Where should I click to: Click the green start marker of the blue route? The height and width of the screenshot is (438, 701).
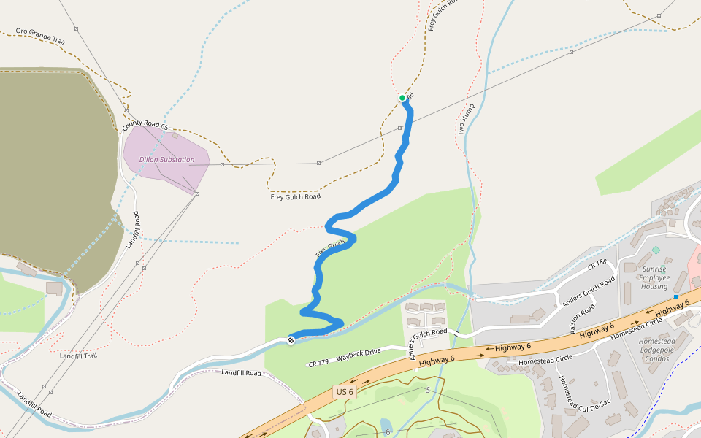coord(402,98)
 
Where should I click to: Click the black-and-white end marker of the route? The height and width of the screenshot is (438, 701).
coord(291,340)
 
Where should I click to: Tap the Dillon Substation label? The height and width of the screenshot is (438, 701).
coord(167,159)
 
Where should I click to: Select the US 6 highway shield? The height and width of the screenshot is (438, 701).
coord(344,392)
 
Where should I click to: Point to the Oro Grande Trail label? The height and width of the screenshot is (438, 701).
coord(40,37)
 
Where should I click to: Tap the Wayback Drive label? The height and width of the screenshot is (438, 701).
coord(359,356)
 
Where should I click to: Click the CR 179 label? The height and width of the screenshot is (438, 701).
coord(318,363)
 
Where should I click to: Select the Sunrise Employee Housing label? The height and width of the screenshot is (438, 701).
coord(654,277)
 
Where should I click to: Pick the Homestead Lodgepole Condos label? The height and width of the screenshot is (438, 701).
coord(656,350)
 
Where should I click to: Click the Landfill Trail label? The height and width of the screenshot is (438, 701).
coord(78,356)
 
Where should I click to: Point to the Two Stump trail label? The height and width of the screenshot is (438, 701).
coord(466,119)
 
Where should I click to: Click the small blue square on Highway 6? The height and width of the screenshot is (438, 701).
coord(676,297)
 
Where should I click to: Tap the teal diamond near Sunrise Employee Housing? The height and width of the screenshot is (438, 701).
coord(655,250)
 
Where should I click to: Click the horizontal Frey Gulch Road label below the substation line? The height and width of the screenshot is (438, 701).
coord(295,196)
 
